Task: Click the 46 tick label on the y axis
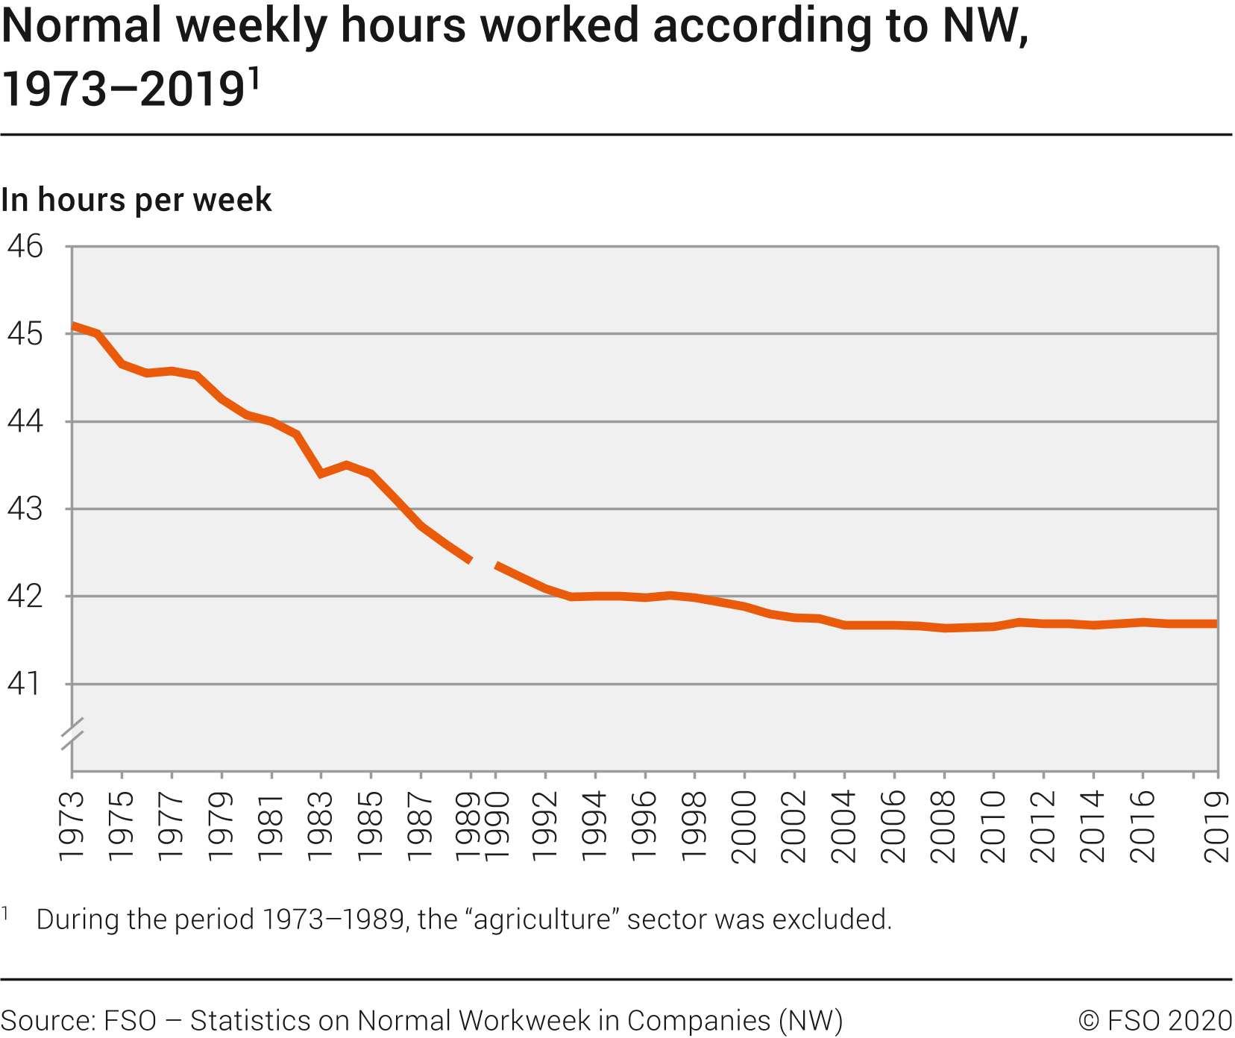[x=25, y=246]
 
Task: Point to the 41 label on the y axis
[x=25, y=684]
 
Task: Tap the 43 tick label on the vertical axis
[x=25, y=509]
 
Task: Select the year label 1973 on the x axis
[x=72, y=825]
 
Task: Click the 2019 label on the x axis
[x=1218, y=825]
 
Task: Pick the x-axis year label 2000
[x=744, y=825]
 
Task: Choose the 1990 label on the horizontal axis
[x=497, y=825]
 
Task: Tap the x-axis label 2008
[x=943, y=825]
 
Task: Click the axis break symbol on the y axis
[x=72, y=733]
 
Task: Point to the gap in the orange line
[x=483, y=562]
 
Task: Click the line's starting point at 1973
[x=73, y=326]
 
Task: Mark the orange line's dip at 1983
[x=321, y=474]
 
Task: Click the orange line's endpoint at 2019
[x=1216, y=623]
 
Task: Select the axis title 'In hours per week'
[x=136, y=200]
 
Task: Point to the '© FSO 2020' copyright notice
[x=1155, y=1020]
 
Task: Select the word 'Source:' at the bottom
[x=48, y=1020]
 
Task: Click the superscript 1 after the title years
[x=254, y=78]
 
